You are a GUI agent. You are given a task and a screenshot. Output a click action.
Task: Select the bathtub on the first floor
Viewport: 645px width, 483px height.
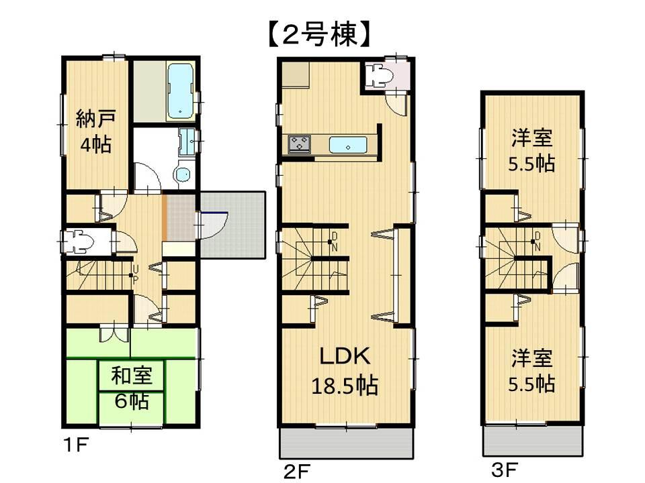pyautogui.click(x=179, y=90)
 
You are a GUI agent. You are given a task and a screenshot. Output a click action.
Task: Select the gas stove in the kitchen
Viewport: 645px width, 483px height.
pyautogui.click(x=300, y=144)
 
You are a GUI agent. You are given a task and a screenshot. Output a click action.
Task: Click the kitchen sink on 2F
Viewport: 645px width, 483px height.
pyautogui.click(x=347, y=144)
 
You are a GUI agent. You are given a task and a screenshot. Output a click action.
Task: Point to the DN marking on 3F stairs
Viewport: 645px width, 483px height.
pyautogui.click(x=537, y=241)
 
